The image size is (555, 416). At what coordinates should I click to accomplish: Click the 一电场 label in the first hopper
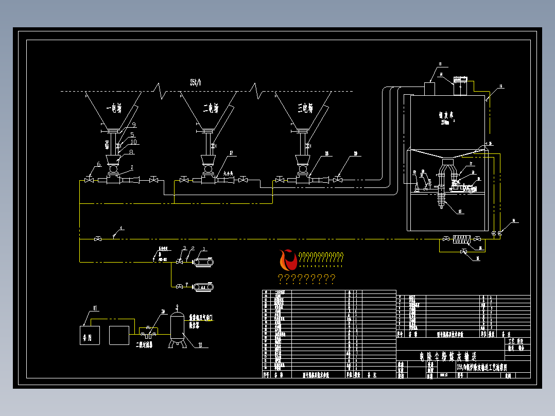pos(113,108)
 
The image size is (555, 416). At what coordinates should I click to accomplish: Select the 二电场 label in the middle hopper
pos(210,108)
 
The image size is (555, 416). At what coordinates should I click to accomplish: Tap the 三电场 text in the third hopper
pos(305,108)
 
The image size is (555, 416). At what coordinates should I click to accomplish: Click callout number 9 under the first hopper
pos(133,125)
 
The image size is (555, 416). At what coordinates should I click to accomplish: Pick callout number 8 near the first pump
pos(132,152)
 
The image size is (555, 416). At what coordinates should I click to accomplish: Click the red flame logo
pos(288,259)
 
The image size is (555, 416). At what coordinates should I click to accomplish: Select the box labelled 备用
pos(90,335)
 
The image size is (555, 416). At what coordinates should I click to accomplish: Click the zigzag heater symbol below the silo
pos(463,239)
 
